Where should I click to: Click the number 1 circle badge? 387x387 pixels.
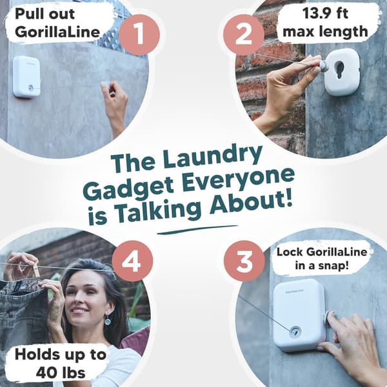click(139, 35)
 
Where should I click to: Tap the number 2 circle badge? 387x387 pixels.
click(244, 35)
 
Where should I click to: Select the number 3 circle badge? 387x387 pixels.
click(244, 261)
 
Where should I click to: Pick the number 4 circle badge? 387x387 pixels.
click(132, 261)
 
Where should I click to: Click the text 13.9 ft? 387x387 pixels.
click(325, 13)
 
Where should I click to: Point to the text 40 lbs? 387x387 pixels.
click(61, 373)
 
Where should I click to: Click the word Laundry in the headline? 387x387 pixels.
click(212, 157)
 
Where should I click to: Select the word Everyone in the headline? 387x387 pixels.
click(237, 181)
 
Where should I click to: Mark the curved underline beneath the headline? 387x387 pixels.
click(197, 230)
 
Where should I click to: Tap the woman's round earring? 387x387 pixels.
click(108, 321)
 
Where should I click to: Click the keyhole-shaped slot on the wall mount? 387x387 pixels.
click(340, 70)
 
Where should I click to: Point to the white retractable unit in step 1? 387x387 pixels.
click(26, 77)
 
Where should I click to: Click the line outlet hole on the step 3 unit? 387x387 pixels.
click(295, 332)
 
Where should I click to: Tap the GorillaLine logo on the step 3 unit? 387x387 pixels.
click(295, 292)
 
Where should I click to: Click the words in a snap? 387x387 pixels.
click(322, 266)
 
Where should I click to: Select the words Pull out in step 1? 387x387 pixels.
click(45, 14)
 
